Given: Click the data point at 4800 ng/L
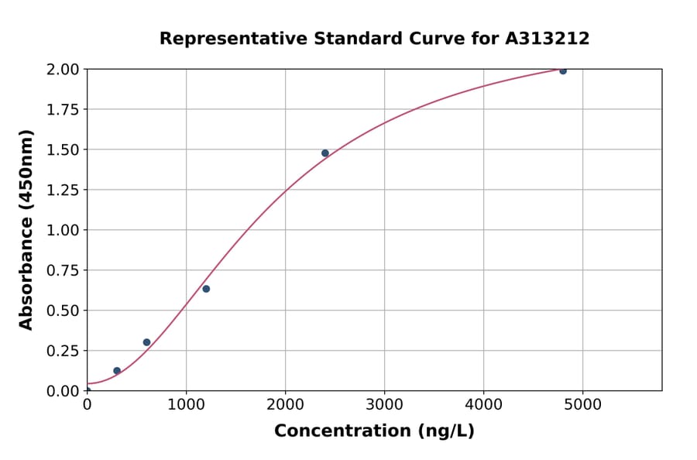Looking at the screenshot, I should point(563,70).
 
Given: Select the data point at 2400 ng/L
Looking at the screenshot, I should point(325,153).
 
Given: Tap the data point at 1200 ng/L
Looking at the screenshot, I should point(206,289).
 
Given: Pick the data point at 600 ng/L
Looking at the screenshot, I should point(146,342).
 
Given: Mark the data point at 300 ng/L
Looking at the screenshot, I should point(117,371).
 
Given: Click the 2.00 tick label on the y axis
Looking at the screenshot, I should point(62,70).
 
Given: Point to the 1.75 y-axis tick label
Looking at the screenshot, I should point(62,110).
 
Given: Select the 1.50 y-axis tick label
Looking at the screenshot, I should point(62,150).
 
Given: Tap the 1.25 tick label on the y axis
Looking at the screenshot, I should point(62,191).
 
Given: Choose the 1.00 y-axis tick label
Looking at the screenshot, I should point(62,231).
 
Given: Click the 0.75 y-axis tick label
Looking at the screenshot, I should point(62,271).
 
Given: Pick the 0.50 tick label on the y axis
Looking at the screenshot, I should point(62,311).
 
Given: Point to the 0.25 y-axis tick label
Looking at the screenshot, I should point(62,352).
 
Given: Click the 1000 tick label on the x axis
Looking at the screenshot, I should point(186,405).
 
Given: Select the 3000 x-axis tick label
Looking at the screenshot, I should point(385,405).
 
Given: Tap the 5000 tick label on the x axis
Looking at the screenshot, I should point(583,405).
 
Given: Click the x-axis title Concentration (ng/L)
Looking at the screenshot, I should point(374,431).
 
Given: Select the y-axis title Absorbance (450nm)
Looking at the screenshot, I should point(26,230).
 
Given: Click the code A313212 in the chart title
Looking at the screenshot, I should point(547,39).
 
